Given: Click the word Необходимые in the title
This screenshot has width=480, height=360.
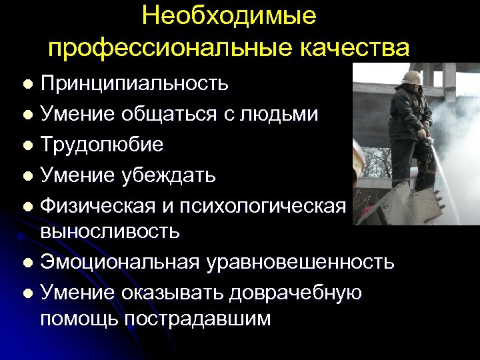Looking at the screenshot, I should tap(229, 16).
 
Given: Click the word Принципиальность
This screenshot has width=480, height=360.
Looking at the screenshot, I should tap(134, 84).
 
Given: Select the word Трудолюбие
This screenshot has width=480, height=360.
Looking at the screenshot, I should tap(101, 144).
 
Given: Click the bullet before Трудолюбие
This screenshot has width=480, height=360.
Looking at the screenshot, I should tap(27, 145).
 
